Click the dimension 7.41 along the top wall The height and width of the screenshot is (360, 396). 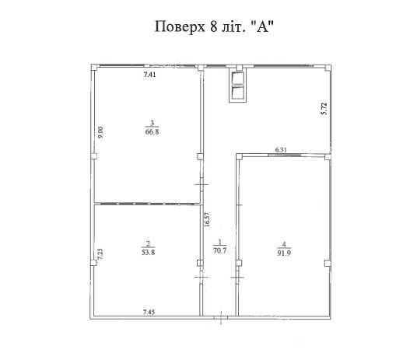coord(150,75)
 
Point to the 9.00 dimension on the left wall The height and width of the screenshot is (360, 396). coord(100,133)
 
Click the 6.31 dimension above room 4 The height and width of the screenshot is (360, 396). coord(282,149)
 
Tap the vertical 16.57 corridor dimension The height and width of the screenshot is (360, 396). coord(207,219)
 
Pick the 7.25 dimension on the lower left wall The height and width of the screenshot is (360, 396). coord(100,253)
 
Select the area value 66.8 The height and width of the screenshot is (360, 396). coord(153,131)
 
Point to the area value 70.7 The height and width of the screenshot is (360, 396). coord(220,250)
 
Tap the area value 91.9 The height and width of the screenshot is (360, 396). coord(282,251)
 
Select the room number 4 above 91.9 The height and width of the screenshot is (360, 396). coord(282,242)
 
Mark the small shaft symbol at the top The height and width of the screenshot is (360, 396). coord(237,87)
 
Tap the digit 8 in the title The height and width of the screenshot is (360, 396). coord(214,27)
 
